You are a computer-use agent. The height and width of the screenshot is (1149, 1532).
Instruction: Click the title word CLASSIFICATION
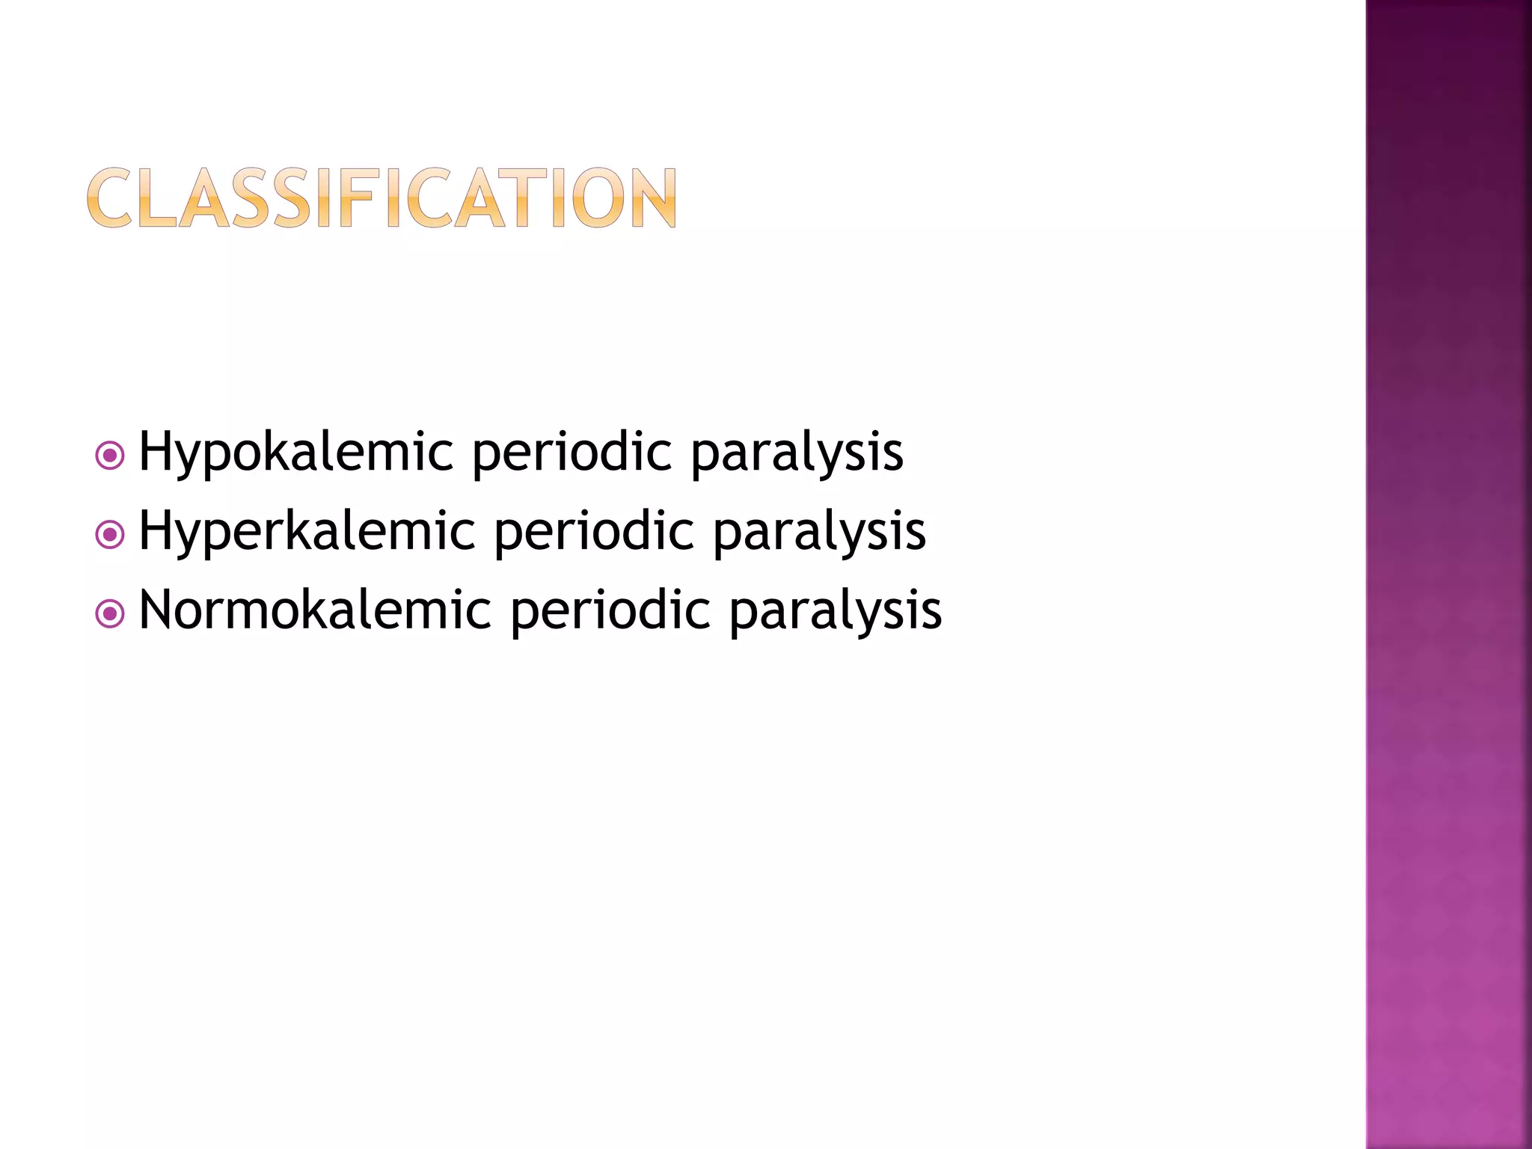382,197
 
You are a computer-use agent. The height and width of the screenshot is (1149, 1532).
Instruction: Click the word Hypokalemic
296,453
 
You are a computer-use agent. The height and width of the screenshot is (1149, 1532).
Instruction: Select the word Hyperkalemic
307,531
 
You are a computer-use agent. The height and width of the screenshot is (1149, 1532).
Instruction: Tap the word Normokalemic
315,610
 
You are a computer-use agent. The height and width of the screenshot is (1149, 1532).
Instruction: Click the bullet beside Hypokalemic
110,455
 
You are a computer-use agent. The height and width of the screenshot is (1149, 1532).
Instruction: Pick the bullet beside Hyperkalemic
110,534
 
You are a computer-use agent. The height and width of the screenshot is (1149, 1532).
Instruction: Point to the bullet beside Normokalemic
110,613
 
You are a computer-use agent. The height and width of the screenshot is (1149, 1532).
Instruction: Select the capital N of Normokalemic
159,610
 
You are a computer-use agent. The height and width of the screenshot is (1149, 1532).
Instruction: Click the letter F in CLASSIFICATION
356,197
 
